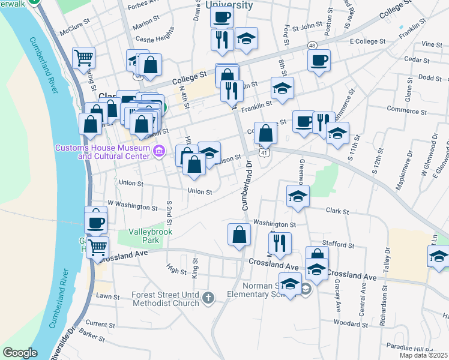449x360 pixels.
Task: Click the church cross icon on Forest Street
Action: [208, 298]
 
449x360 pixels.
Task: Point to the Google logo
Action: [20, 353]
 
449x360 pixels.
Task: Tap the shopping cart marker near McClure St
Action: [83, 58]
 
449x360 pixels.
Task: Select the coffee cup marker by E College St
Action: [318, 59]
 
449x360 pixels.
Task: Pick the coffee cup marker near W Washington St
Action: [95, 222]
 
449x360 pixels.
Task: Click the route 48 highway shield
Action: [313, 46]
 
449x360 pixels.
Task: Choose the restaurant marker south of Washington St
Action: [280, 242]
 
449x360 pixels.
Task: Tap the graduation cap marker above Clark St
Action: [298, 196]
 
